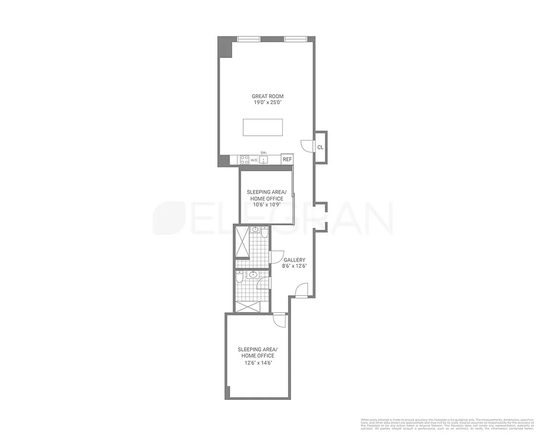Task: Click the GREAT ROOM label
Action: point(267,96)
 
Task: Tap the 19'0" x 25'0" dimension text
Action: point(267,102)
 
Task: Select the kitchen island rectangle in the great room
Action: point(263,128)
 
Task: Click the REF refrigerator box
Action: point(287,159)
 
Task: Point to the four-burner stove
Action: point(245,160)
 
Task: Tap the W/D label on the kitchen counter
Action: point(254,160)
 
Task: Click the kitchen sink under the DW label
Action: point(263,160)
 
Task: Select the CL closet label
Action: point(320,147)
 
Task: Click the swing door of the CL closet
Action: point(307,146)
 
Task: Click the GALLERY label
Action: point(294,260)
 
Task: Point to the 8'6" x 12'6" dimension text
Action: point(294,267)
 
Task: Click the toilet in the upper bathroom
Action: point(264,233)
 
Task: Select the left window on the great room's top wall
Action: point(249,39)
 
